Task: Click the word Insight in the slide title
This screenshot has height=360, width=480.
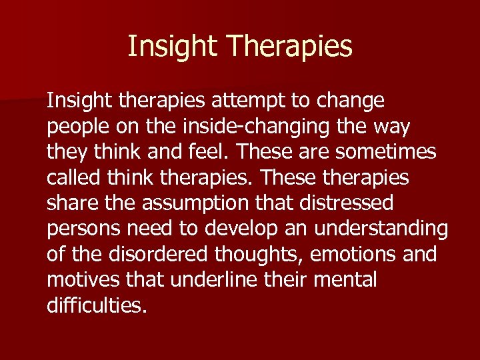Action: [173, 47]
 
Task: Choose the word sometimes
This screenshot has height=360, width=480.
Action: [386, 153]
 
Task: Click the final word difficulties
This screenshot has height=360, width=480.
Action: [96, 305]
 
